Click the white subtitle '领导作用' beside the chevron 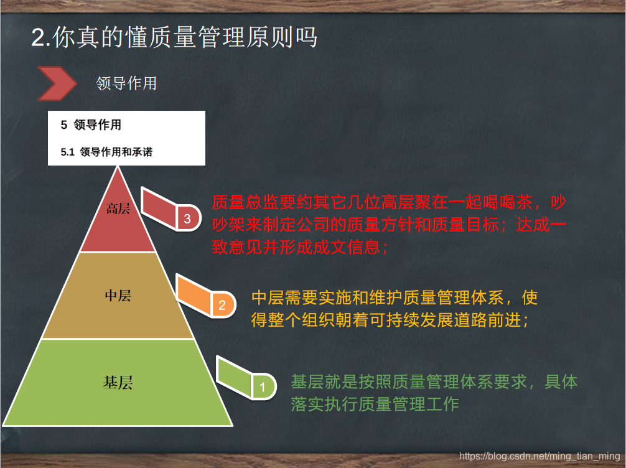click(126, 83)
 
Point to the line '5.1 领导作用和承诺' click(106, 152)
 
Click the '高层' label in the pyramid click(118, 208)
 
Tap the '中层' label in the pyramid click(118, 295)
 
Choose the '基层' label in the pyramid click(118, 382)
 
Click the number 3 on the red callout click(187, 218)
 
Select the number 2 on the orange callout click(222, 305)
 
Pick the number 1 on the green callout click(262, 387)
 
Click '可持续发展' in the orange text click(393, 321)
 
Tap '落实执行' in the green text click(321, 404)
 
